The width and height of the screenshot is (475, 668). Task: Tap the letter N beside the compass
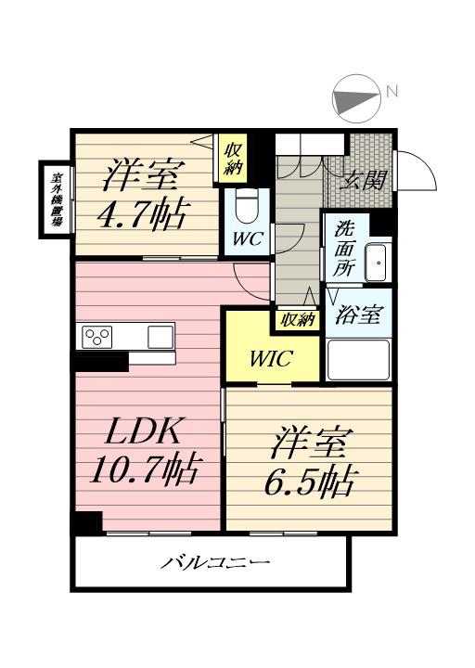click(x=392, y=91)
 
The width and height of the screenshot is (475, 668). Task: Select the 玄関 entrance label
click(x=365, y=181)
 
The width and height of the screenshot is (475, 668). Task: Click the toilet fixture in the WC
click(x=249, y=206)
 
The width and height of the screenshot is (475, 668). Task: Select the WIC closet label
click(x=272, y=358)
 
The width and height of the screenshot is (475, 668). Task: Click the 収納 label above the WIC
click(x=294, y=320)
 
